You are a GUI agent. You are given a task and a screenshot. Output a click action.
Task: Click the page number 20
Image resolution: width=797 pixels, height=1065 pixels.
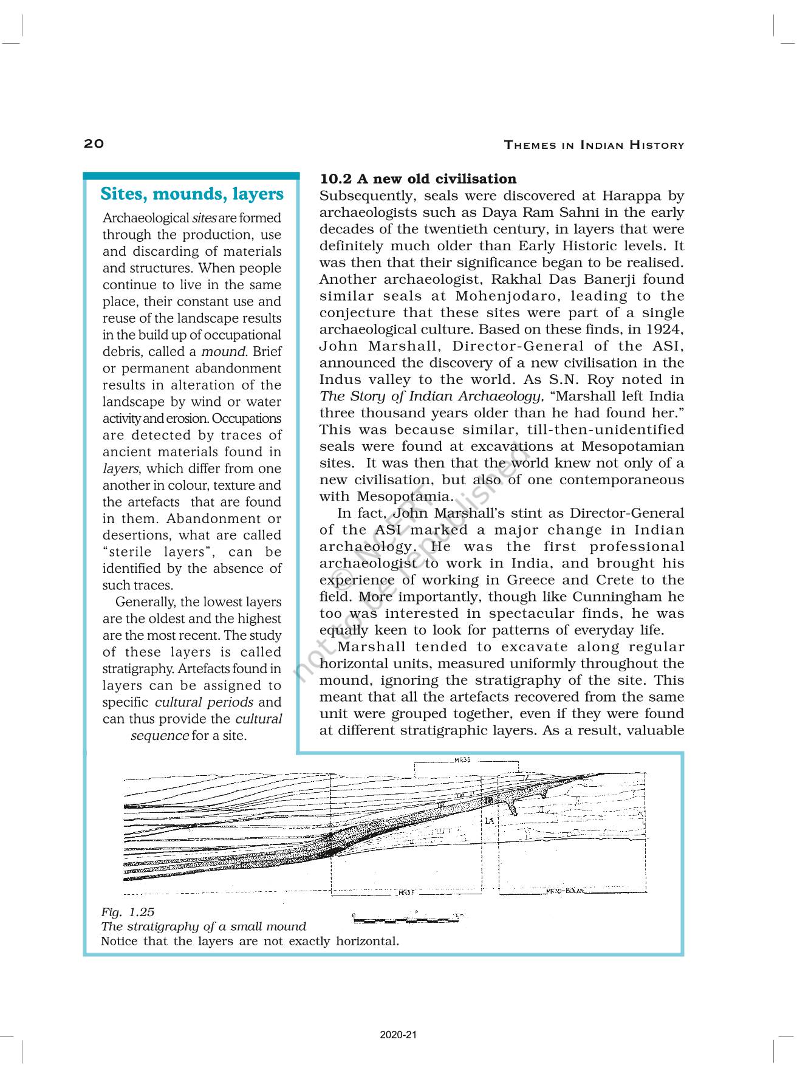[x=94, y=143]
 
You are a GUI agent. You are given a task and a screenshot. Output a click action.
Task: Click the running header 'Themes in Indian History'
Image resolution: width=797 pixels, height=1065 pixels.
[x=594, y=145]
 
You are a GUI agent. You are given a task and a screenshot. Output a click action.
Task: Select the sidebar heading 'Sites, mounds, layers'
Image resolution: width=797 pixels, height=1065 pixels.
[x=191, y=194]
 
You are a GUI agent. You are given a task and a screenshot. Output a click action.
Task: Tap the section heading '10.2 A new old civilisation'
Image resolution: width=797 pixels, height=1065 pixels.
[x=418, y=179]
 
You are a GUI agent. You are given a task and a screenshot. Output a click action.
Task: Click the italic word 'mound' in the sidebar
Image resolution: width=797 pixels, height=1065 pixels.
[x=223, y=352]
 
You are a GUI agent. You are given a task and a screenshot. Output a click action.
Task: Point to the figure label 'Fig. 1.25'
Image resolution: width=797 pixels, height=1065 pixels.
[x=128, y=912]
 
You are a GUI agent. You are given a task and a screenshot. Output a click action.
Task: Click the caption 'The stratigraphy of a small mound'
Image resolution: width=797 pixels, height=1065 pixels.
[x=204, y=926]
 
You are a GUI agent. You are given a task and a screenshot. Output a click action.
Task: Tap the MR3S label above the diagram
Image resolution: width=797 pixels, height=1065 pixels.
[x=466, y=759]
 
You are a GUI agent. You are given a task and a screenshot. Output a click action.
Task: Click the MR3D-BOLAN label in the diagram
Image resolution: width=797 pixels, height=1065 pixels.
[x=564, y=891]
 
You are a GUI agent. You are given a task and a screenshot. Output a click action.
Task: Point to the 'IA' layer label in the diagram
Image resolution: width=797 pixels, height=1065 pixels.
[x=490, y=821]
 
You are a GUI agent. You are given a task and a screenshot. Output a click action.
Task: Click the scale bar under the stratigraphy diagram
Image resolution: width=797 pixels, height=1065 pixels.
[x=406, y=918]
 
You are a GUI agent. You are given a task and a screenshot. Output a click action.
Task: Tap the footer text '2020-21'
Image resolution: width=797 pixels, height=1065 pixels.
[x=398, y=1035]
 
